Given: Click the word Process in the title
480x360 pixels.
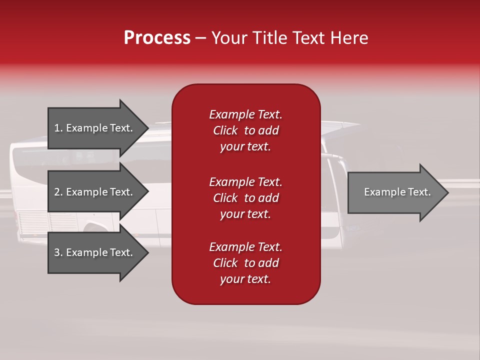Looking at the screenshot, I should click(157, 38).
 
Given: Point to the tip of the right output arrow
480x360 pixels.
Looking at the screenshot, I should click(447, 192).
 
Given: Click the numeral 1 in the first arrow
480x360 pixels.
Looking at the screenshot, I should click(57, 128).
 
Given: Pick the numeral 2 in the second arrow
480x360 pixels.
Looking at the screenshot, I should click(57, 192).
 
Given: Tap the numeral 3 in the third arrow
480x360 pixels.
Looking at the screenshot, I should click(57, 252).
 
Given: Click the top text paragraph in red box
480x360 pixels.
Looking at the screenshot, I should click(245, 130).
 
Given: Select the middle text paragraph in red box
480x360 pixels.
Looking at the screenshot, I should click(245, 198).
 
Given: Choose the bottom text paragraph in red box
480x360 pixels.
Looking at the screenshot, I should click(245, 263).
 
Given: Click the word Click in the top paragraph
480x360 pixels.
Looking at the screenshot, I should click(225, 130).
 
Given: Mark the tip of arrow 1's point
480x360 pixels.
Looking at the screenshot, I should click(148, 128).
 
